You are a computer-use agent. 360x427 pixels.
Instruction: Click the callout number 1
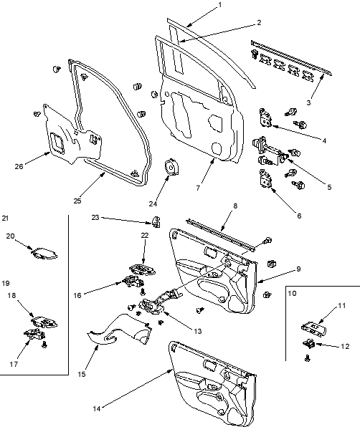(220, 5)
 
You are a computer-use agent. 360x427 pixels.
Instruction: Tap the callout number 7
(198, 188)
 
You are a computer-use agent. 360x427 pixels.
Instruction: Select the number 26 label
(19, 166)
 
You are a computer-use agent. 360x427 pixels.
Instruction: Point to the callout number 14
(97, 408)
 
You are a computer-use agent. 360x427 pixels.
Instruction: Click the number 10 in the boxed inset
(292, 293)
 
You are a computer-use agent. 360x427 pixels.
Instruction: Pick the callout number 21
(6, 218)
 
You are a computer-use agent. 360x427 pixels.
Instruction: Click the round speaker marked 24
(171, 167)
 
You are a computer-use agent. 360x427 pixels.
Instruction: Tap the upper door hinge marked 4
(265, 118)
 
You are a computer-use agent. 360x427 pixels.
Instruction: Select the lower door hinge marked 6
(265, 178)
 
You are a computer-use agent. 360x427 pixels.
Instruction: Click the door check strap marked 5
(270, 151)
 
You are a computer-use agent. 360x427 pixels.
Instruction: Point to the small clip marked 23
(156, 221)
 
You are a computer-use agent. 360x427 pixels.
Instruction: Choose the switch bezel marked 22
(142, 269)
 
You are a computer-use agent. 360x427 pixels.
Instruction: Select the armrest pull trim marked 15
(120, 330)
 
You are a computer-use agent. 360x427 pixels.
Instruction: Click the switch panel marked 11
(313, 329)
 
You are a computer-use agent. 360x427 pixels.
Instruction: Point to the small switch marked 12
(309, 344)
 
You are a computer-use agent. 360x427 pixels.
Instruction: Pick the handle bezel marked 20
(44, 254)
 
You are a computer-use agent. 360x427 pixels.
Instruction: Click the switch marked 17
(34, 334)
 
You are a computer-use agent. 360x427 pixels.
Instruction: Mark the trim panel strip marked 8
(220, 234)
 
